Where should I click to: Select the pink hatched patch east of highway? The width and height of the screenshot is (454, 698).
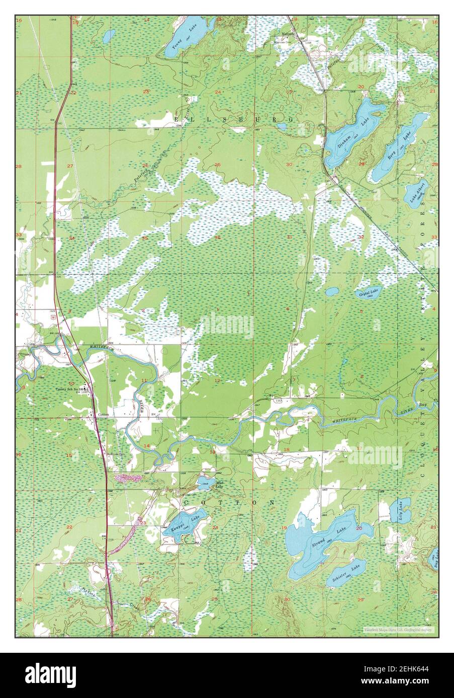[130, 477]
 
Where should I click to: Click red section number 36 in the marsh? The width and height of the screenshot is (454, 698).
[218, 237]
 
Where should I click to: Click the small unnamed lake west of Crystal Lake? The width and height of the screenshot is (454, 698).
[332, 291]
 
